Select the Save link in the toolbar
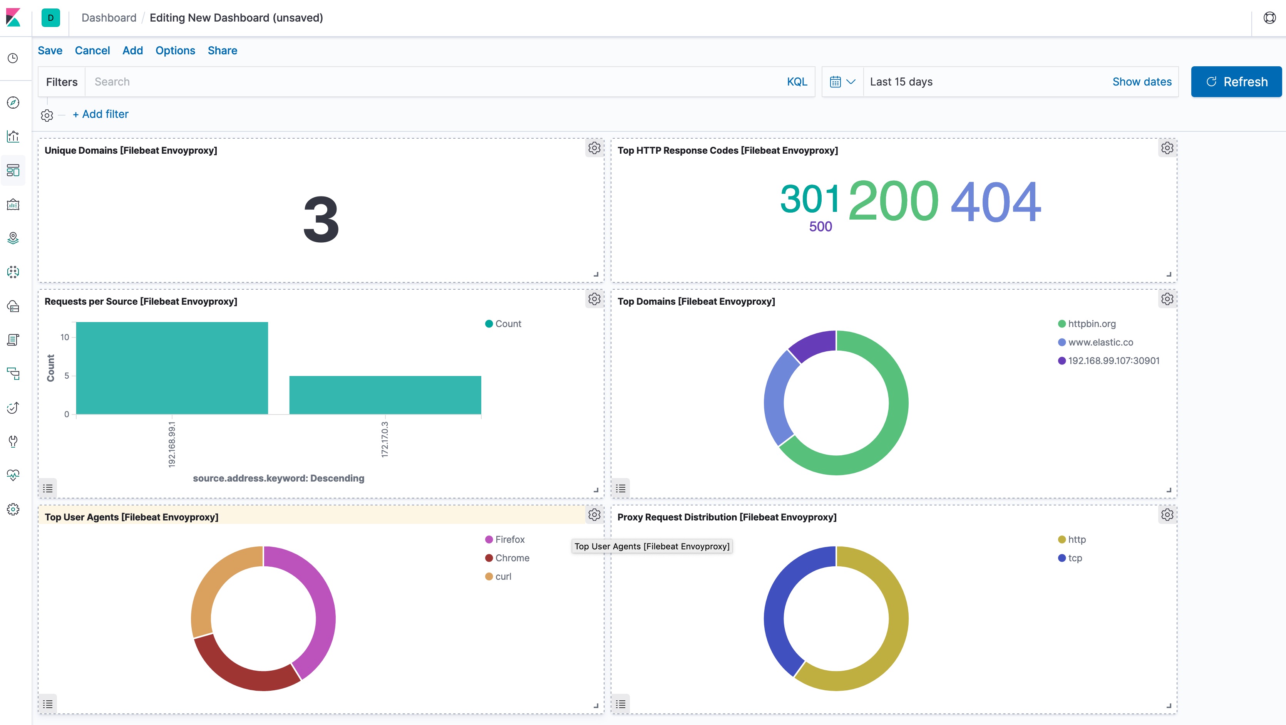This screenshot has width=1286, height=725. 50,50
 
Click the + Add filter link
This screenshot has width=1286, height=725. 101,114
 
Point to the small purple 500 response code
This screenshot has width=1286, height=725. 820,227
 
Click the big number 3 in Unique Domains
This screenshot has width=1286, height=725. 321,220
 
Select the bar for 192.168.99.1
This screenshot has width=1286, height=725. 172,368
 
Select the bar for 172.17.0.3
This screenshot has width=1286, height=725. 385,394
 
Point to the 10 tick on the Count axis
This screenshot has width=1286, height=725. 65,337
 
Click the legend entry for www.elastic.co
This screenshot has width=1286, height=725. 1100,342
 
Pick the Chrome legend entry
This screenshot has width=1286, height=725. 512,558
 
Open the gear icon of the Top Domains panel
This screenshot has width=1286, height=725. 1167,299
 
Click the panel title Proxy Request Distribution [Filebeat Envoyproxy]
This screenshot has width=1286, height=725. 727,517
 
